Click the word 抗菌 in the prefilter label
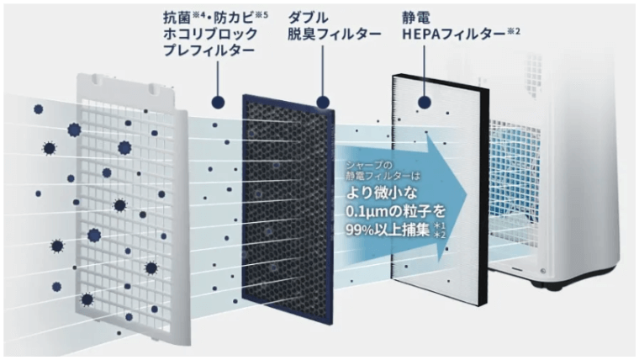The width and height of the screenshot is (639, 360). click(x=177, y=18)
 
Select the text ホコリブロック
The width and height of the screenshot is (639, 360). click(x=210, y=34)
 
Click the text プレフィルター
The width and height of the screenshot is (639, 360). click(x=209, y=50)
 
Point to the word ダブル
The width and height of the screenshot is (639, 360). click(x=308, y=18)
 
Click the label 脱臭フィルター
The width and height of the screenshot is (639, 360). click(x=334, y=34)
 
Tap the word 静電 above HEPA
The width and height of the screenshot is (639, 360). click(x=416, y=18)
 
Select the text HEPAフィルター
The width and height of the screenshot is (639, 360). click(x=453, y=34)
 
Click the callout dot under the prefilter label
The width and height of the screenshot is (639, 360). click(x=218, y=103)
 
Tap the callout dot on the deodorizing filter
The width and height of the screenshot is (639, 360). click(x=323, y=103)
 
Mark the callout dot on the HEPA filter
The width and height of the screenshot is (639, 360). click(x=425, y=103)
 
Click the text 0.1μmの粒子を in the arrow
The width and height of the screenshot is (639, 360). click(x=395, y=212)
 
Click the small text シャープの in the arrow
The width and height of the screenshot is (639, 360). click(x=369, y=165)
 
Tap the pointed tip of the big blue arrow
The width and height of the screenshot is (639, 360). click(x=466, y=194)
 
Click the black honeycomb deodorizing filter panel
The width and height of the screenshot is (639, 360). click(x=288, y=208)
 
